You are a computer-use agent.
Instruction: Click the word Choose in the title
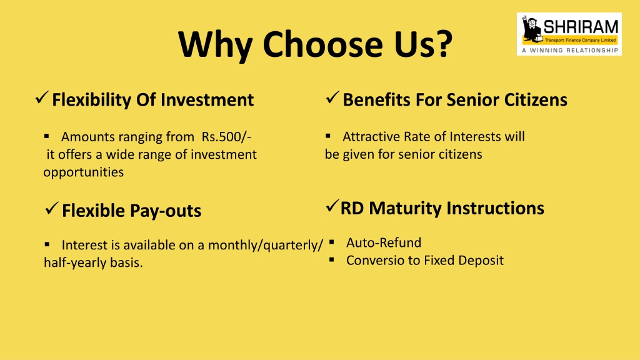[x=322, y=44]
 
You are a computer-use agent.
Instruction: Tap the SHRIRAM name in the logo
[x=581, y=27]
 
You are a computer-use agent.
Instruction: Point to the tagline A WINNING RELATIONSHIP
[x=570, y=50]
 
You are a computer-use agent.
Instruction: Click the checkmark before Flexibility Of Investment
[x=42, y=97]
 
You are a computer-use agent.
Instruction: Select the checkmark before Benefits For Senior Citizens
[x=332, y=97]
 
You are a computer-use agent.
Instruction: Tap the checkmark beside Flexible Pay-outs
[x=52, y=208]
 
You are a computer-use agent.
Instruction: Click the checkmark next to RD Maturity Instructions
[x=332, y=206]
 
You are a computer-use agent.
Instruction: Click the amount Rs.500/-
[x=226, y=137]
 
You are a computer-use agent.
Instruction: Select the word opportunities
[x=84, y=172]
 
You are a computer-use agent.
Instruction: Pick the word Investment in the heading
[x=207, y=100]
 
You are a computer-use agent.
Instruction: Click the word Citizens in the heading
[x=536, y=100]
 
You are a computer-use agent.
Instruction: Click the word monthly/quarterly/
[x=266, y=245]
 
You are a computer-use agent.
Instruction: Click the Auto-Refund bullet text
[x=384, y=243]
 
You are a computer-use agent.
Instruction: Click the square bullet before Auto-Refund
[x=331, y=242]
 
